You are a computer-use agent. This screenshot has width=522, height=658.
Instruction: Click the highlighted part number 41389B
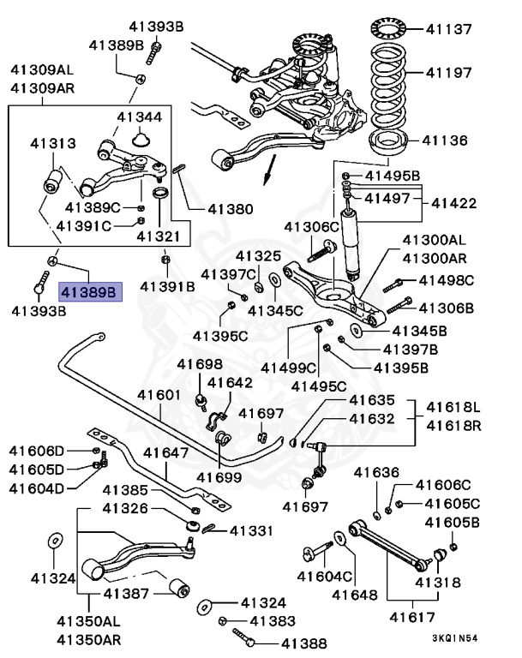(x=90, y=292)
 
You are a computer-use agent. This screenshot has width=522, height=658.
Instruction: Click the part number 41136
(x=445, y=141)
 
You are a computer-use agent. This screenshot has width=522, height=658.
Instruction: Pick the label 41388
(x=296, y=642)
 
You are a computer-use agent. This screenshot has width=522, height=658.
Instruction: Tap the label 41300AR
(x=435, y=258)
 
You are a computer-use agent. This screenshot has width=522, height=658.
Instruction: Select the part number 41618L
(x=454, y=406)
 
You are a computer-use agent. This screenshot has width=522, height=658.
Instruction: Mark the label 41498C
(x=445, y=280)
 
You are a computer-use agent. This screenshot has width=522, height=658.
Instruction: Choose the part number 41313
(x=53, y=143)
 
